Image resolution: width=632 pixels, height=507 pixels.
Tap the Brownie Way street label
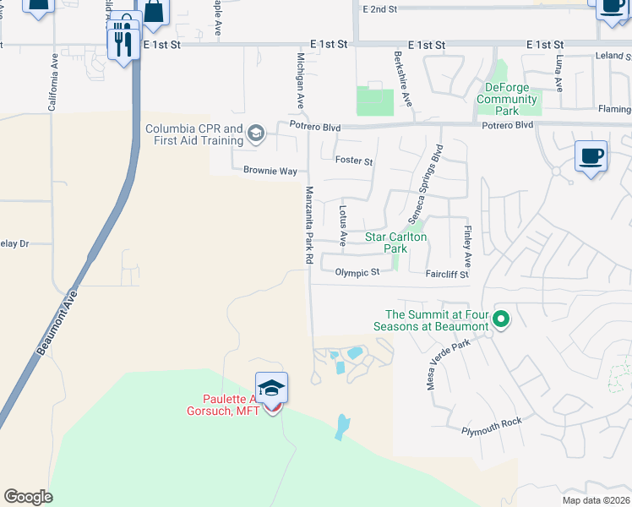pyautogui.click(x=270, y=171)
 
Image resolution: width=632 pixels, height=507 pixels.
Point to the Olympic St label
pyautogui.click(x=363, y=272)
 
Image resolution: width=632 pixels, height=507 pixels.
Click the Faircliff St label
pyautogui.click(x=446, y=275)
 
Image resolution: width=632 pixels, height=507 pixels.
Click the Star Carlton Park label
pyautogui.click(x=397, y=243)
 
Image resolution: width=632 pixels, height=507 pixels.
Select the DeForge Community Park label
pyautogui.click(x=507, y=99)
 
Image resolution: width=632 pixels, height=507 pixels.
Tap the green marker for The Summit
pyautogui.click(x=501, y=319)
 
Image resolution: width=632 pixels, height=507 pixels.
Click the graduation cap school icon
pyautogui.click(x=271, y=388)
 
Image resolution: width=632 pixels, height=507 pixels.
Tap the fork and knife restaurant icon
pyautogui.click(x=123, y=41)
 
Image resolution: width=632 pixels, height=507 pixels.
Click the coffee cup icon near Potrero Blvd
pyautogui.click(x=591, y=156)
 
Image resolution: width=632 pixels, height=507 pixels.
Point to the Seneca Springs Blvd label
pyautogui.click(x=425, y=186)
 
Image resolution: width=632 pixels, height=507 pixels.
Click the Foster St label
pyautogui.click(x=353, y=161)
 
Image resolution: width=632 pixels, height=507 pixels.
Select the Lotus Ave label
pyautogui.click(x=343, y=221)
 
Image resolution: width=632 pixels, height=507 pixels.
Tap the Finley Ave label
pyautogui.click(x=466, y=243)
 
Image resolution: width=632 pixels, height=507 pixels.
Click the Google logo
pyautogui.click(x=28, y=496)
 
